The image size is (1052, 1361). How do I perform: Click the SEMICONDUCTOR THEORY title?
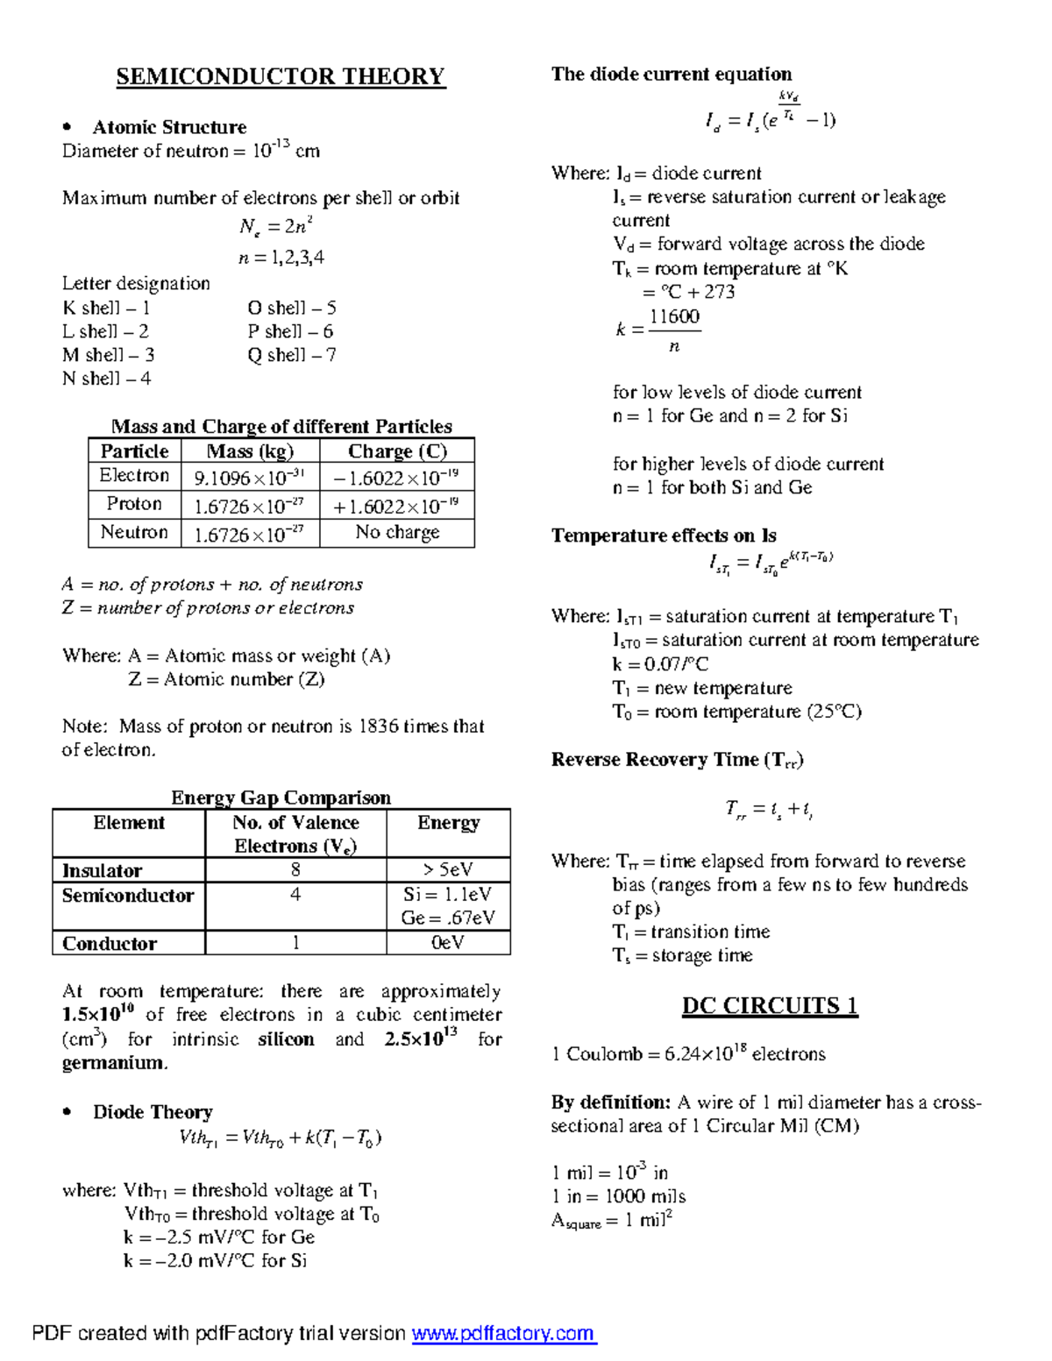click(281, 77)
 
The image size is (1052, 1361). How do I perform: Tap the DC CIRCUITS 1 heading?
click(770, 1005)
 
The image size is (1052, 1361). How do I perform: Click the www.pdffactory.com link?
click(503, 1333)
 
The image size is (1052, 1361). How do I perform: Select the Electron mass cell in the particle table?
click(249, 478)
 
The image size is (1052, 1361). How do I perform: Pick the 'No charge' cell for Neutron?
click(397, 532)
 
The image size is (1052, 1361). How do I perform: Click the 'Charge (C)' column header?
click(397, 451)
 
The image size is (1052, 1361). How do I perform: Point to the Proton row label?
click(134, 504)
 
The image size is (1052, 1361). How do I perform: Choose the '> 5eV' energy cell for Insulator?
click(448, 870)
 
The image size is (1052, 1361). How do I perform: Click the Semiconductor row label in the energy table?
click(128, 896)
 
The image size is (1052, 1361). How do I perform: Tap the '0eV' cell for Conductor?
click(448, 943)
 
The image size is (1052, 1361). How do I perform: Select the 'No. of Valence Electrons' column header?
click(295, 833)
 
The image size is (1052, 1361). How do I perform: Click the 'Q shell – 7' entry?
click(291, 355)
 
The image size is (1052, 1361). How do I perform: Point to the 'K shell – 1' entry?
click(106, 308)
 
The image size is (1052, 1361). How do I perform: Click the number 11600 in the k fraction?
click(674, 316)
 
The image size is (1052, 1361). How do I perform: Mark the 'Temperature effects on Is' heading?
click(664, 535)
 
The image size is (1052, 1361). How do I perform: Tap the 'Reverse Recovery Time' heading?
click(677, 760)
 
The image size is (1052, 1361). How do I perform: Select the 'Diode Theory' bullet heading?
click(153, 1112)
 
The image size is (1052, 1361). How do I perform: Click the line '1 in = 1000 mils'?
click(618, 1196)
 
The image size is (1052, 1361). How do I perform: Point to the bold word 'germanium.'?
click(115, 1063)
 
